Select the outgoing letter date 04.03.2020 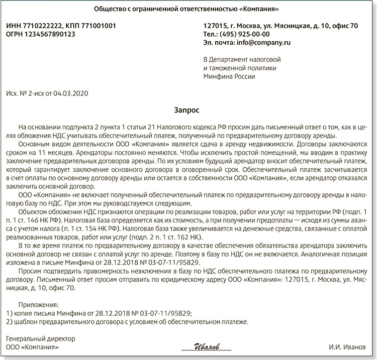click(x=74, y=94)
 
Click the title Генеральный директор click(x=38, y=338)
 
